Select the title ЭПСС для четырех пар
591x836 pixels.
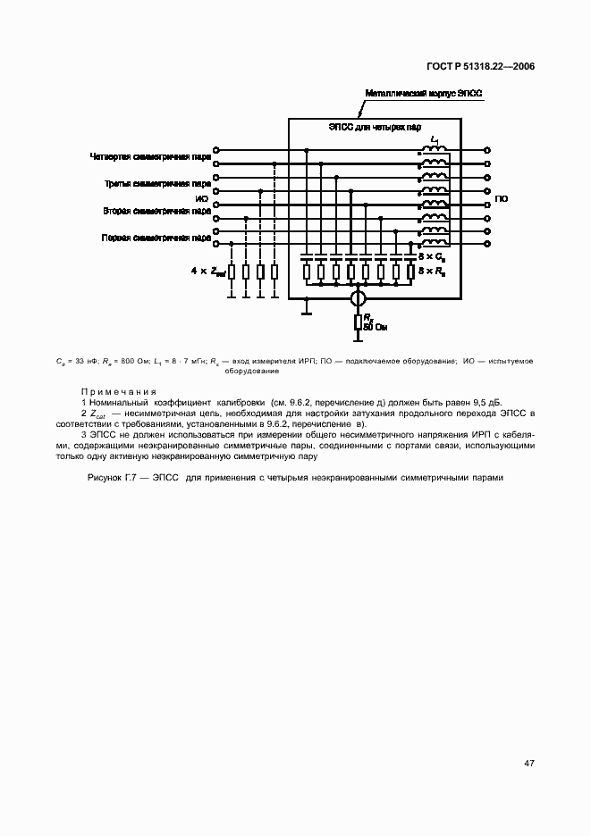pyautogui.click(x=374, y=129)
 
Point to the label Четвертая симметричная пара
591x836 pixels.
pyautogui.click(x=150, y=157)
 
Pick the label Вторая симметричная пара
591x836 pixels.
pyautogui.click(x=157, y=212)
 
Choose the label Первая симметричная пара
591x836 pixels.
pyautogui.click(x=156, y=239)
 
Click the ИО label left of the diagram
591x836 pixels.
pyautogui.click(x=201, y=198)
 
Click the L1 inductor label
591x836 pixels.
pyautogui.click(x=435, y=140)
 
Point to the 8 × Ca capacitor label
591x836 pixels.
pyautogui.click(x=433, y=256)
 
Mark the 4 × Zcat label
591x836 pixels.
pyautogui.click(x=207, y=271)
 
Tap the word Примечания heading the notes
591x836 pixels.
pyautogui.click(x=118, y=392)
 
